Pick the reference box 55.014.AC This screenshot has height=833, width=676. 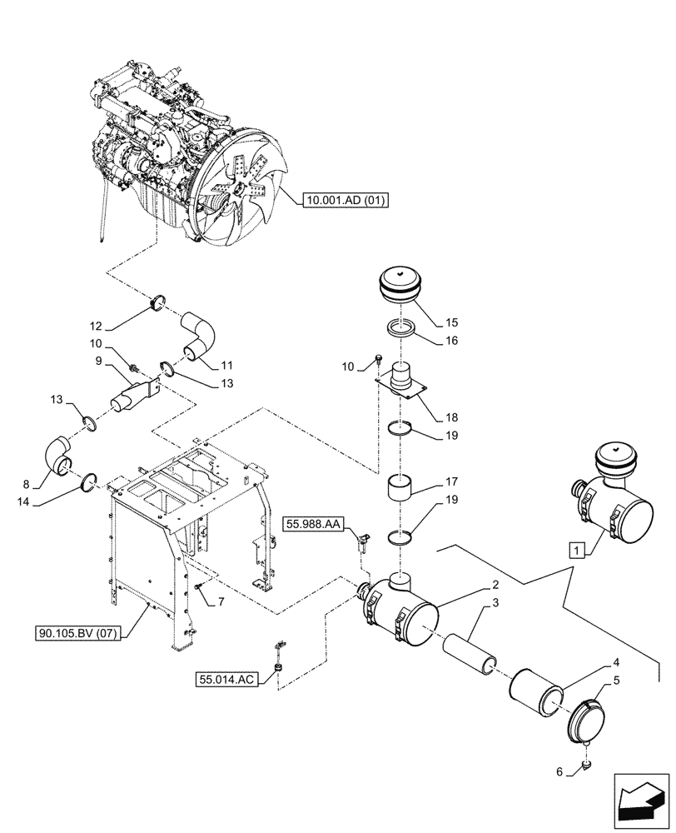coord(226,681)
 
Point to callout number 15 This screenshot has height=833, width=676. coord(452,321)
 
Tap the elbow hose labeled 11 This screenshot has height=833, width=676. coord(200,335)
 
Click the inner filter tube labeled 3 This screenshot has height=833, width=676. coord(468,649)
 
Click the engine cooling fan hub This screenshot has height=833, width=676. coord(239,190)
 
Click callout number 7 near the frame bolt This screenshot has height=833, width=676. coord(221,601)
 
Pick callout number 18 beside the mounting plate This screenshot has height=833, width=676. coord(452,416)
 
